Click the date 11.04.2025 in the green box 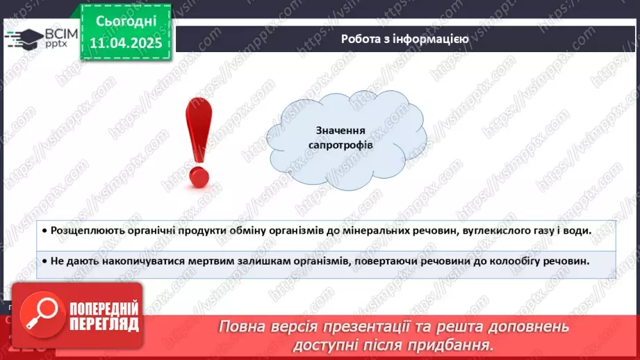pyautogui.click(x=126, y=43)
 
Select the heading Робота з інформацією pyautogui.click(x=404, y=39)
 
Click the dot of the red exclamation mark pyautogui.click(x=199, y=177)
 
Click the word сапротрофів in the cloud pyautogui.click(x=340, y=145)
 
